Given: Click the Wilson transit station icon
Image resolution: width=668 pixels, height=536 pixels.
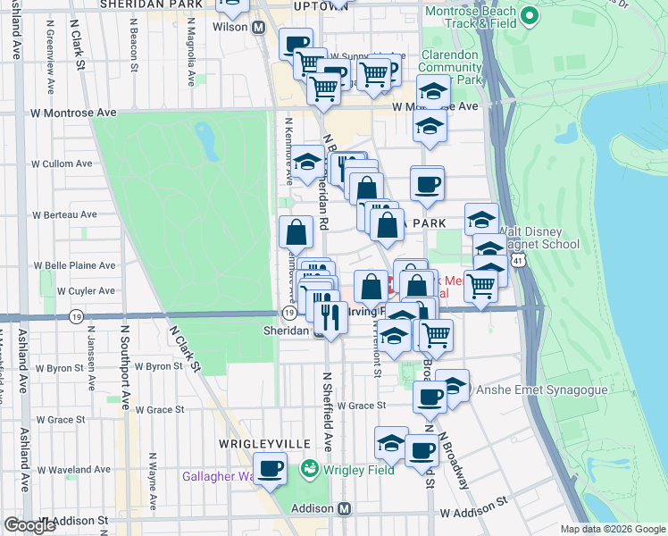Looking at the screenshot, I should click(259, 28).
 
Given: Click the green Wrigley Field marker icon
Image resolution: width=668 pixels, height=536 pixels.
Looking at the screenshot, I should click(310, 467).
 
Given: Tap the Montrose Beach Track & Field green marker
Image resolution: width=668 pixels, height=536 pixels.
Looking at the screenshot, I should click(530, 15).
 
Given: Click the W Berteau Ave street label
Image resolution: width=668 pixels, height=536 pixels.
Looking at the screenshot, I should click(64, 214).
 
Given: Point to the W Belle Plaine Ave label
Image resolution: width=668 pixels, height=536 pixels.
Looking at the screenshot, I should click(75, 265).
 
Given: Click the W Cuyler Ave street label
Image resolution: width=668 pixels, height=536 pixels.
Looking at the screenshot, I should click(63, 290).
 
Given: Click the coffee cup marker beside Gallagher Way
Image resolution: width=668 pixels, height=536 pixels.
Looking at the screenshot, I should click(270, 467).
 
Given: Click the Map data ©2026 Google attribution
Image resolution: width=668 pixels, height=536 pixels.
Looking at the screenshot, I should click(612, 529).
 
